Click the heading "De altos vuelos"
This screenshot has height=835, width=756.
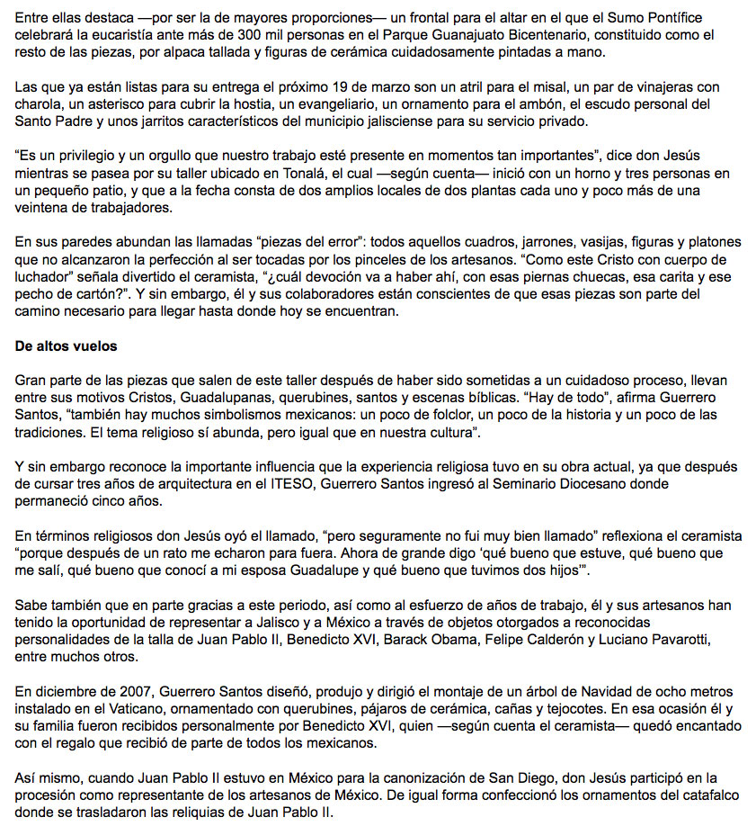click(66, 346)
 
